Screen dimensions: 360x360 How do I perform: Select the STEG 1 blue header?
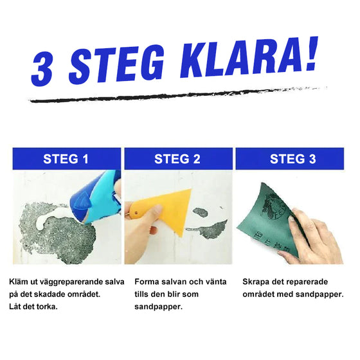click(66, 158)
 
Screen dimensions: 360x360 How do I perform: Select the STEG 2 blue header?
click(178, 158)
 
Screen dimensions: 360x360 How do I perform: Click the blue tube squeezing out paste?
click(100, 196)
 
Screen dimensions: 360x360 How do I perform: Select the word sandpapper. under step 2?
click(158, 306)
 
